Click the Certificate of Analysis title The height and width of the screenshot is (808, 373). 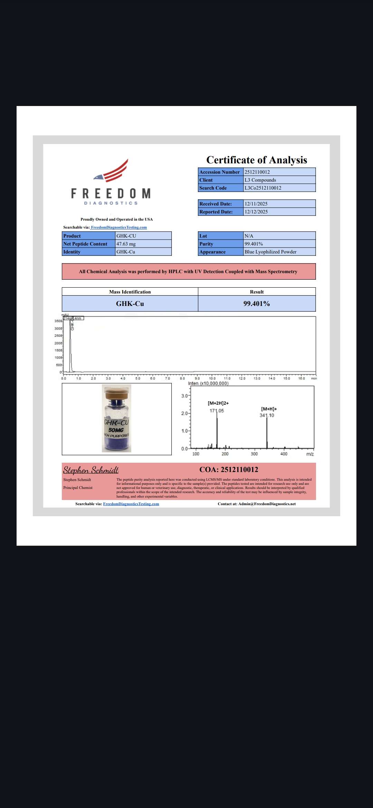click(257, 160)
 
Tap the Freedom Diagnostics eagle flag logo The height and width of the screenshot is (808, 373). click(112, 171)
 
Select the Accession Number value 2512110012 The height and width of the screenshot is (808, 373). click(257, 172)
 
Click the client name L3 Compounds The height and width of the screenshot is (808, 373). click(260, 180)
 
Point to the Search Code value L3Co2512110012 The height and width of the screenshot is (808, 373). click(263, 188)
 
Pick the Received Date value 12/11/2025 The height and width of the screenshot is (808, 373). click(256, 204)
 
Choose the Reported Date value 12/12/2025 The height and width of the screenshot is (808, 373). click(256, 212)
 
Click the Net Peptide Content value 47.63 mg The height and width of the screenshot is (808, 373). click(126, 244)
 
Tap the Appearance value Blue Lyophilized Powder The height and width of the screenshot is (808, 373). click(270, 252)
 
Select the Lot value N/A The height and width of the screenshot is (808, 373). click(249, 236)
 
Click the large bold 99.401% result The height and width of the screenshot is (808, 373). click(257, 304)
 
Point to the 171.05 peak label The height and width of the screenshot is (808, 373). click(217, 411)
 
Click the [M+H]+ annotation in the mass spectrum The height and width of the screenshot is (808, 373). click(269, 409)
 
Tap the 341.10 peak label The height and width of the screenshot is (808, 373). click(267, 415)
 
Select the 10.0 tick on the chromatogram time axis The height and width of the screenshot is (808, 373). click(212, 378)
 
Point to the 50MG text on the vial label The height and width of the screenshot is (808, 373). click(116, 430)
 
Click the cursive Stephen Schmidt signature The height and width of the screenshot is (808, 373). click(91, 470)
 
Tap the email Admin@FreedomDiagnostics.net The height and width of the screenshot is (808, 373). click(267, 504)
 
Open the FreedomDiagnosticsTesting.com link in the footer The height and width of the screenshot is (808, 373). click(131, 504)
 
